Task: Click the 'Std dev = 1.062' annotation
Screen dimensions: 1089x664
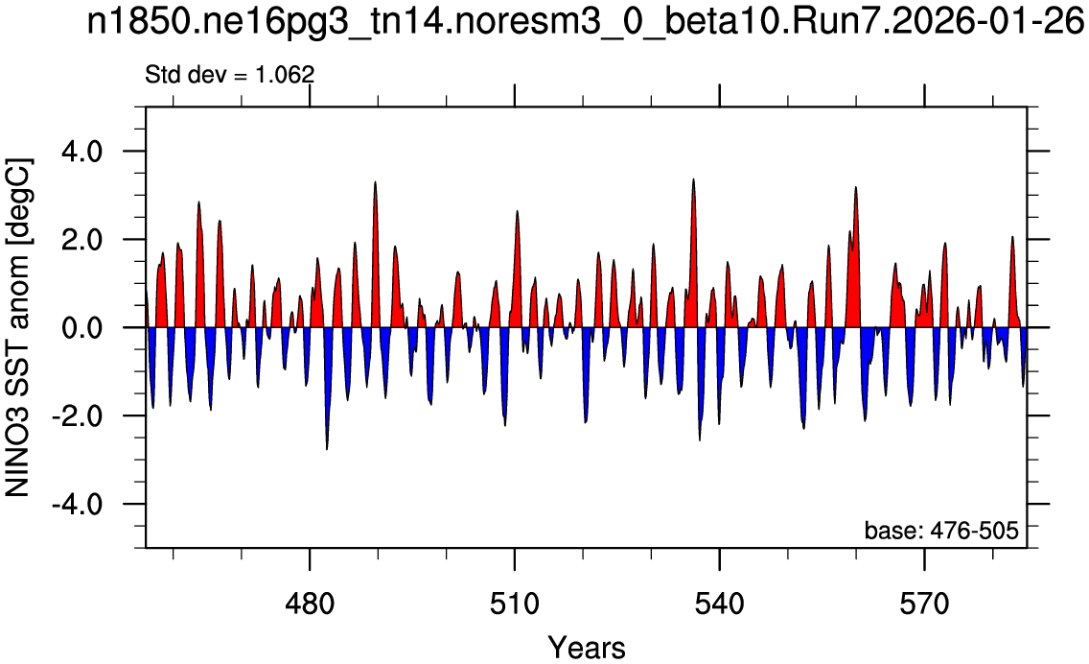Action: (230, 74)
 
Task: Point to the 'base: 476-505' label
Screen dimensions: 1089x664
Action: (941, 531)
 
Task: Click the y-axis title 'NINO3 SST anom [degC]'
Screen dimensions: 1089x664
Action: (18, 327)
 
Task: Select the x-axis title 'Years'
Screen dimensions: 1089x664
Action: (586, 648)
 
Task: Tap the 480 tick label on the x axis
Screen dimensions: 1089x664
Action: (310, 605)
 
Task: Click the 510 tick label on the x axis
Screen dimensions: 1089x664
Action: (515, 605)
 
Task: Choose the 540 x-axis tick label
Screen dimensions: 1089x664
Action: (720, 605)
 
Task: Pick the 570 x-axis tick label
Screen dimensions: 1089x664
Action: (924, 605)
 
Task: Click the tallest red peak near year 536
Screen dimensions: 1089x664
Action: (693, 179)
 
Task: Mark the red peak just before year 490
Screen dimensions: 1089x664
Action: (375, 182)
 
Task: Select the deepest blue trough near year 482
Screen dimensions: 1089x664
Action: (327, 449)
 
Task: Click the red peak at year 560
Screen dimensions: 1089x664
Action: (856, 187)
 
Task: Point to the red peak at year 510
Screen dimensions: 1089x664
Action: (518, 211)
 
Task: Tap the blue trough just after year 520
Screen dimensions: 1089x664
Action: (586, 422)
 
